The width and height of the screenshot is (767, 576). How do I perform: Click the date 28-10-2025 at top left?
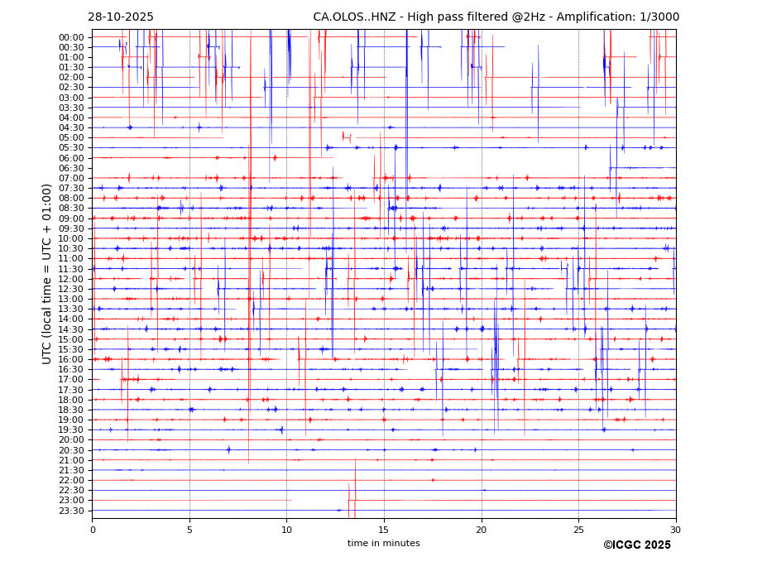pos(121,17)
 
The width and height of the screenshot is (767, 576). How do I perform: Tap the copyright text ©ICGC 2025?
pos(636,545)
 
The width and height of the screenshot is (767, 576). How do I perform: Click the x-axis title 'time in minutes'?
pos(383,544)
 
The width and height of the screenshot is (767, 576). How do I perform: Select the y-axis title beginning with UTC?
pos(48,274)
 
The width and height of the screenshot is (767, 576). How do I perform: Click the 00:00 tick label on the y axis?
pos(71,37)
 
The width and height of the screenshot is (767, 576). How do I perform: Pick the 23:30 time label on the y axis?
pos(71,511)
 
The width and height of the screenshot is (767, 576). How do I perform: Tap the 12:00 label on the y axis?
pos(71,279)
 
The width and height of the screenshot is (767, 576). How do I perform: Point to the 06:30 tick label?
pos(71,168)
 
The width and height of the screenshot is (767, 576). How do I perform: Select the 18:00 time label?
pos(71,400)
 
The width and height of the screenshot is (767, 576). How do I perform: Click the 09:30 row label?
pos(71,228)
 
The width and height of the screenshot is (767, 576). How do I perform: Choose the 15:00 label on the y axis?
pos(71,339)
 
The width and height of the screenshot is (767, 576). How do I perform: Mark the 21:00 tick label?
pos(71,460)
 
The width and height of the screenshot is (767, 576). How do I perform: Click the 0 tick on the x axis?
pos(93,530)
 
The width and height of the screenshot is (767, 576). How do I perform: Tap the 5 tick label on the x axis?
pos(189,530)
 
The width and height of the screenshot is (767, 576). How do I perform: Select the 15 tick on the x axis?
pos(384,530)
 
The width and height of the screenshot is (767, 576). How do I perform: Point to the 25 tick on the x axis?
pos(578,530)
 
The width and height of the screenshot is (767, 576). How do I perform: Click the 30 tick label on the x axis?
pos(675,530)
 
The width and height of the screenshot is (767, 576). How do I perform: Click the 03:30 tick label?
pos(71,108)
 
